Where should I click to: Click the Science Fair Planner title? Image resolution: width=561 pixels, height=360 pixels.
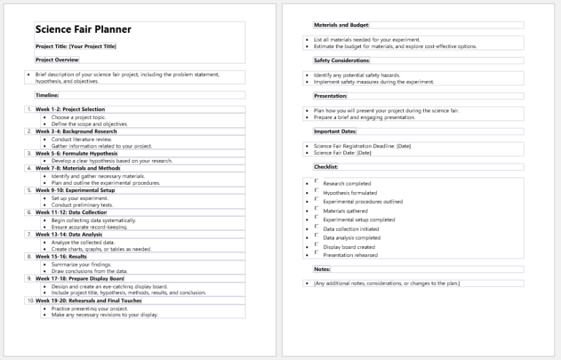pos(83,30)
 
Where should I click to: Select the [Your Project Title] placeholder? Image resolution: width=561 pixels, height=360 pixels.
pos(93,47)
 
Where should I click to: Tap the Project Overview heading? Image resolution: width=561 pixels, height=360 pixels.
pos(57,60)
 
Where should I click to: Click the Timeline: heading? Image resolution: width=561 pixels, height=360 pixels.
pos(47,95)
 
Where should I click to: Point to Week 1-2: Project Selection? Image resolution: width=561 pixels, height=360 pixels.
pos(70,110)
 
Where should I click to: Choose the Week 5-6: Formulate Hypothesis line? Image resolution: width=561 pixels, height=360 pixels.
pos(76,153)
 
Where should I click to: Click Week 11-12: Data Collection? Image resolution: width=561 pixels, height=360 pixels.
pos(71,212)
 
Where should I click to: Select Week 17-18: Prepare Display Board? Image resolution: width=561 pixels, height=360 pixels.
pos(80,278)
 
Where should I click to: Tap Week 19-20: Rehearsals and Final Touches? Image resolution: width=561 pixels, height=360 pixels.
pos(88,300)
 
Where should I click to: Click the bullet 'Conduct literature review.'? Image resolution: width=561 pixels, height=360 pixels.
pos(82,139)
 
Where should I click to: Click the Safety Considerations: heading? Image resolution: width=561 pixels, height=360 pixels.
pos(342,61)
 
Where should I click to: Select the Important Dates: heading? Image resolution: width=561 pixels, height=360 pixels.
pos(335,131)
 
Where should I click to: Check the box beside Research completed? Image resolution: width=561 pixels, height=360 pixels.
pos(316,182)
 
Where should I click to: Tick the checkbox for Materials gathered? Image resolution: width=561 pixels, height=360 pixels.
pos(316,209)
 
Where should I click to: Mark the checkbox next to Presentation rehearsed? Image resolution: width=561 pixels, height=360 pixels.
pos(316,253)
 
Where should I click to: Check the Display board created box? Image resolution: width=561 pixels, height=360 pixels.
pos(316,245)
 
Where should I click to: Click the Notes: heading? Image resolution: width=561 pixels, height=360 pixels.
pos(322,269)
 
